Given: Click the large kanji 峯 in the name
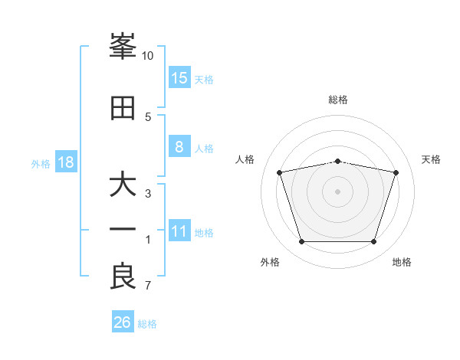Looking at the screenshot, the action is [123, 46].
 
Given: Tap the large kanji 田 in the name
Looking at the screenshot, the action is [123, 108].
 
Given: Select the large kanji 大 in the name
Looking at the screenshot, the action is [123, 183].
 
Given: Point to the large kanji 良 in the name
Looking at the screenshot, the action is [123, 276].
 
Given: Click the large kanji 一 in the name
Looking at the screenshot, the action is [123, 229].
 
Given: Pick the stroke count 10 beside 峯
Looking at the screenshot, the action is [147, 56].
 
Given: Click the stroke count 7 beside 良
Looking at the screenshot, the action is [148, 285].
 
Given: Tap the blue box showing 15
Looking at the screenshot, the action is [179, 77].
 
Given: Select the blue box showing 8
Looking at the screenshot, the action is [179, 146].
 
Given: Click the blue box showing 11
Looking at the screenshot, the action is [179, 230].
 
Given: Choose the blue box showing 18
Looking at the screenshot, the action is [66, 162].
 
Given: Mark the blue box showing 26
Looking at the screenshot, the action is [123, 321].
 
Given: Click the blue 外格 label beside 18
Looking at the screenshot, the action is [41, 164].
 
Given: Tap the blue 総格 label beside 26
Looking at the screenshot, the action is [147, 324].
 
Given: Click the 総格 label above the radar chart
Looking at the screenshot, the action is [338, 100].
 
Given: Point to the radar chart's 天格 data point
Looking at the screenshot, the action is [396, 172].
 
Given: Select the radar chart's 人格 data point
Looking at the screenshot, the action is [280, 172].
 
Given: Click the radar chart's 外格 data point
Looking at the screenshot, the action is [302, 241].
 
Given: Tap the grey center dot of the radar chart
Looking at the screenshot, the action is [337, 191].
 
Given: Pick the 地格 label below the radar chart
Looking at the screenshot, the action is [402, 262].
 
